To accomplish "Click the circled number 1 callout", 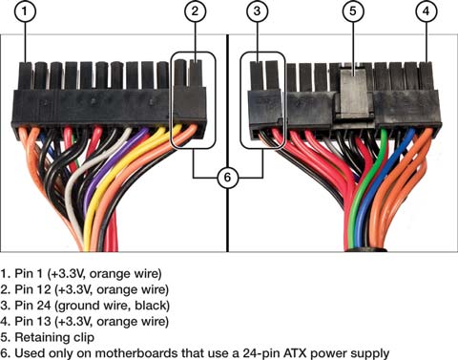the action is point(25,11).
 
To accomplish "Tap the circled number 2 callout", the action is point(195,11).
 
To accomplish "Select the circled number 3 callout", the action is point(257,11).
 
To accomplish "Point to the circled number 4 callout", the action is point(426,11).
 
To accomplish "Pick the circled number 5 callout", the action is point(353,11).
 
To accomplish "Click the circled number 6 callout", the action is point(227,178).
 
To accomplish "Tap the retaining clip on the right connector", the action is point(354,93).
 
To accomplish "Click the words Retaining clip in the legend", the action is point(54,337).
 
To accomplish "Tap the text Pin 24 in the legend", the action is point(32,306).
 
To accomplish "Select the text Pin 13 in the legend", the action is point(32,322).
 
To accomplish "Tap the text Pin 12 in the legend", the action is point(32,289).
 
